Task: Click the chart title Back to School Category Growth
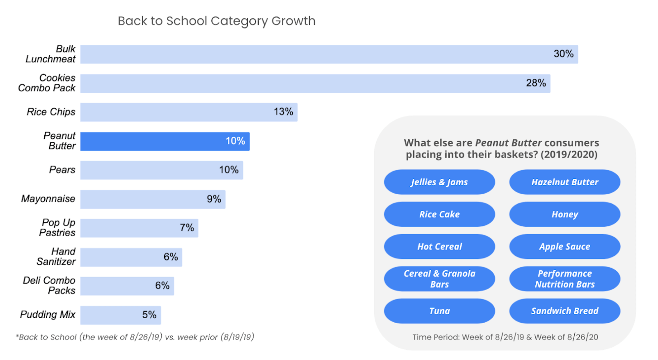click(217, 21)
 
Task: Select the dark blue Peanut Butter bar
click(164, 141)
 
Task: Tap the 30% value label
click(563, 54)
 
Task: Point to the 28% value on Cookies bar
click(536, 83)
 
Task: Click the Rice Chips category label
click(51, 112)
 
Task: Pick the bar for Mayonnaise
click(153, 199)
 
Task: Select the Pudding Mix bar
click(120, 315)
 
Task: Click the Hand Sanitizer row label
click(56, 257)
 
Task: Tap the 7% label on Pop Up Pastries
click(187, 228)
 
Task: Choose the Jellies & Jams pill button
click(439, 182)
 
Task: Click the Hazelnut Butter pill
click(564, 182)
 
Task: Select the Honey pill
click(564, 214)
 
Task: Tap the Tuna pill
click(439, 311)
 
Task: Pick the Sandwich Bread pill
click(564, 311)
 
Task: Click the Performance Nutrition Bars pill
click(564, 279)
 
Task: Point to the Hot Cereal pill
click(439, 246)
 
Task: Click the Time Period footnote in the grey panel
click(505, 337)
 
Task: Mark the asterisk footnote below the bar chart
click(135, 337)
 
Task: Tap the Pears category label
click(62, 170)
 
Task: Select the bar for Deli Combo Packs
click(127, 286)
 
